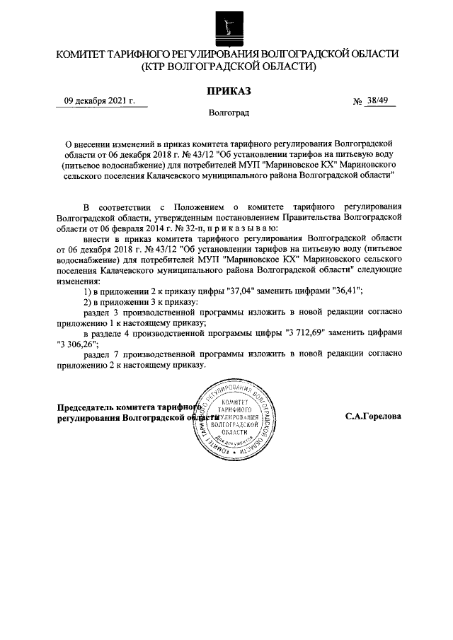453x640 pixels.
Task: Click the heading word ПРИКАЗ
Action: (x=228, y=90)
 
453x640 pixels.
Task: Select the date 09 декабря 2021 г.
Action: (x=99, y=101)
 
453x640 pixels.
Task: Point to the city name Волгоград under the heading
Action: (x=228, y=112)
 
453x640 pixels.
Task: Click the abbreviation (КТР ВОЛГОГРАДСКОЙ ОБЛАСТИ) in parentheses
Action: (x=228, y=67)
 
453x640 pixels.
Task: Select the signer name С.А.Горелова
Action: (x=373, y=417)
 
